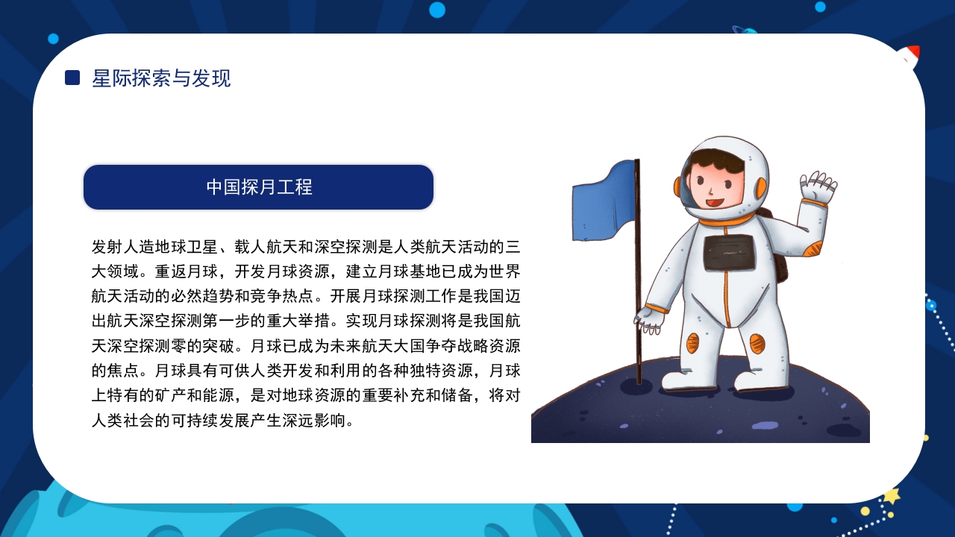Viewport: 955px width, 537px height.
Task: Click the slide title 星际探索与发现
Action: point(161,78)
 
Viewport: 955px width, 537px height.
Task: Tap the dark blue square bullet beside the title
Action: point(72,78)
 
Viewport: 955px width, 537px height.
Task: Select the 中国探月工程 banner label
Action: point(259,187)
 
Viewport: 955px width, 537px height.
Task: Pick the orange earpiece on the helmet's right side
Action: point(761,187)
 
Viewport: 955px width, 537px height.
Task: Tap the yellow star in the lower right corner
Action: point(892,495)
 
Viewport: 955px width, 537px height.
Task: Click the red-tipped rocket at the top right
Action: point(909,56)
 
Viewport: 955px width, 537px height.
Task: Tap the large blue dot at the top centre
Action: point(437,10)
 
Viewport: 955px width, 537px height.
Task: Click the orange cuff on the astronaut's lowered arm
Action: point(657,307)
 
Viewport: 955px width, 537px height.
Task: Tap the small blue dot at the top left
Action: point(53,39)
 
